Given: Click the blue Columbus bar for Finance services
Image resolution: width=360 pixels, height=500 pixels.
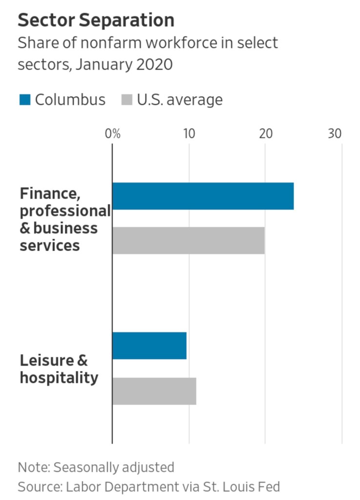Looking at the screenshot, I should point(203,196).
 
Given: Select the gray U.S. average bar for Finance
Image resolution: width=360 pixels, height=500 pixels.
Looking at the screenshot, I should point(189,240).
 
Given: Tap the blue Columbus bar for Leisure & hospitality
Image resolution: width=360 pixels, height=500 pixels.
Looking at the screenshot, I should point(149,346).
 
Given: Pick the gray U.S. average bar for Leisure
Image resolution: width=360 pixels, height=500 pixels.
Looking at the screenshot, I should point(154,391).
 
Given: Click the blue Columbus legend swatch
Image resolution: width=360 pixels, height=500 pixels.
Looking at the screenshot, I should point(25,100).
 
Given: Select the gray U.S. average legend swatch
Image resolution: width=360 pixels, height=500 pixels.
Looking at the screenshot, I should point(127,100).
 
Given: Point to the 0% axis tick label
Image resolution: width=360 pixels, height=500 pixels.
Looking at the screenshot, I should point(113,134).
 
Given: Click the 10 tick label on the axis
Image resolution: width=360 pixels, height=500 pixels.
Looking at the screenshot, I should point(189,134).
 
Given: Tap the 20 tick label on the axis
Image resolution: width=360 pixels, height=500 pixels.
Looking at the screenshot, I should point(265,134).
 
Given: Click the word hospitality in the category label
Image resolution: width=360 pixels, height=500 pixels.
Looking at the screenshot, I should point(59,378).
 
